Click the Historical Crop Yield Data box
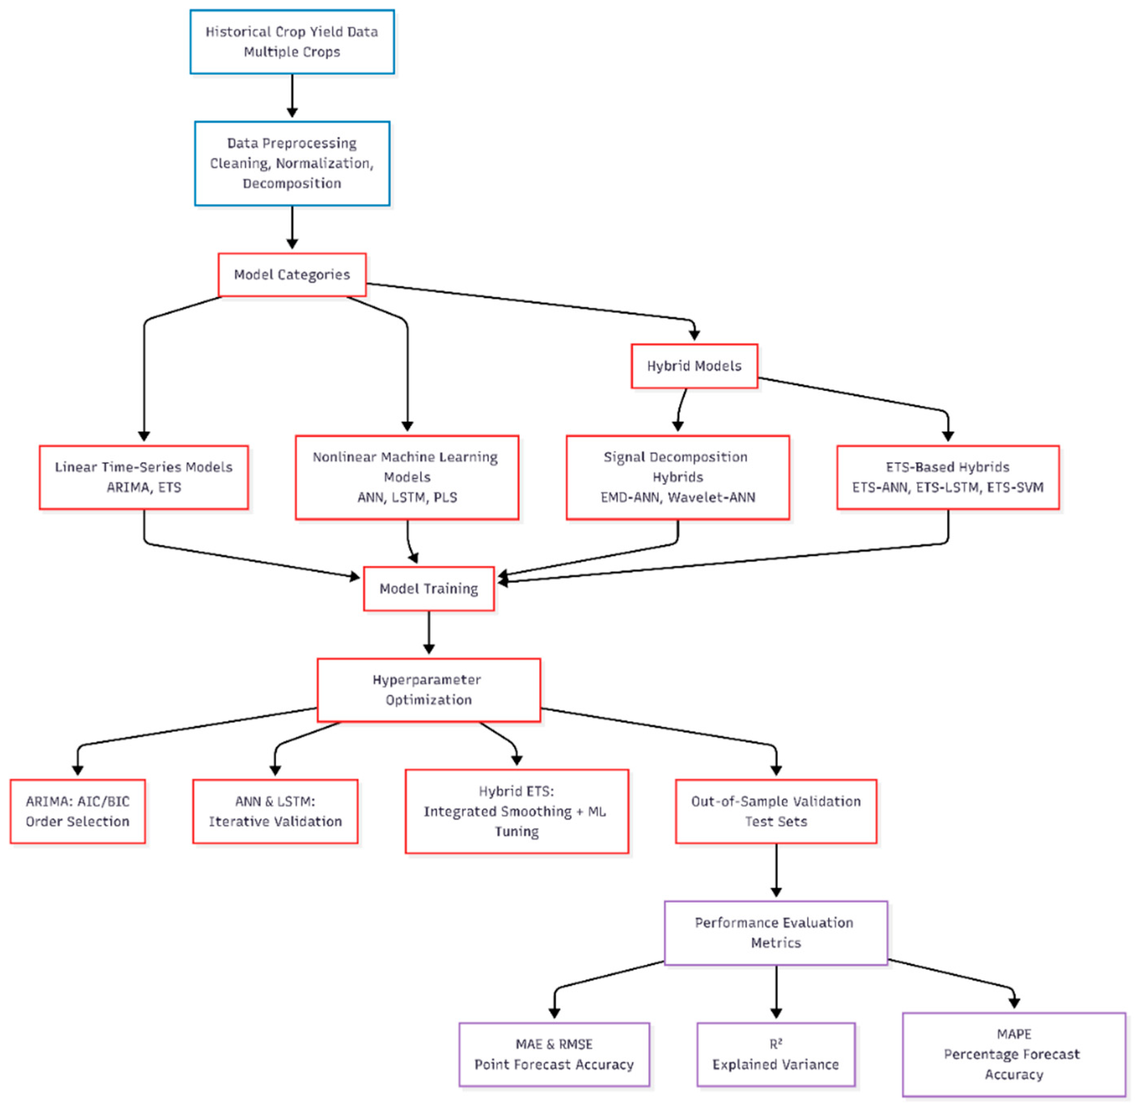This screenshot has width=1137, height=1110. (x=292, y=42)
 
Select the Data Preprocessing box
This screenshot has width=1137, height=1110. (x=292, y=163)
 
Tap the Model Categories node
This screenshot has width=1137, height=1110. (x=292, y=275)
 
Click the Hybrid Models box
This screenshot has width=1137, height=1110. (x=694, y=366)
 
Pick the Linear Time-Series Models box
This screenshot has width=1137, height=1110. (x=144, y=478)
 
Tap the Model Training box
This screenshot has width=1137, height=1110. (x=429, y=589)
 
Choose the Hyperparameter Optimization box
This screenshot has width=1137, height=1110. (x=429, y=690)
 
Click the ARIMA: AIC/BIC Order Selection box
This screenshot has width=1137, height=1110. (x=78, y=812)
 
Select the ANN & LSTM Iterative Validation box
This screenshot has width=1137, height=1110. (x=275, y=812)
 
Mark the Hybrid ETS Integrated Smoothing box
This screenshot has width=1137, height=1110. (x=517, y=812)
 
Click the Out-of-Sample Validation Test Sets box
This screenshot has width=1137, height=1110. (x=775, y=812)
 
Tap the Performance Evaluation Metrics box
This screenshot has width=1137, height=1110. (x=775, y=933)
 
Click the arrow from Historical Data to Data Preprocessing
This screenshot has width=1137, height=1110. (x=292, y=96)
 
